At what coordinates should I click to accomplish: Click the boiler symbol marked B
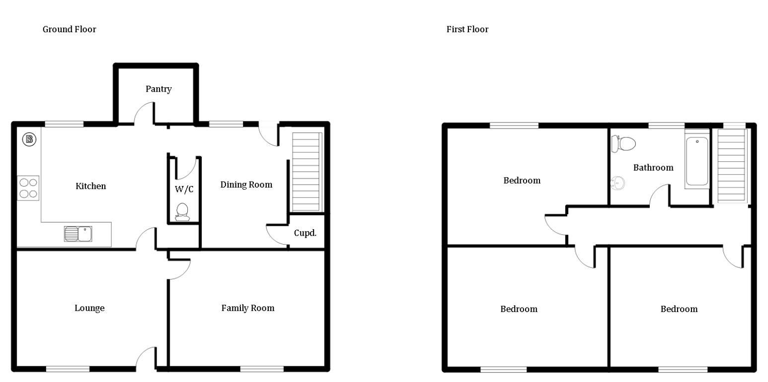tap(29, 139)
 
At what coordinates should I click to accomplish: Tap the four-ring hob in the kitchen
tap(28, 188)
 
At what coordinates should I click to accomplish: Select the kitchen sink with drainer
tap(78, 234)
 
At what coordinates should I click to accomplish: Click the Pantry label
tap(158, 89)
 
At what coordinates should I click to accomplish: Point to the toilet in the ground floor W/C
tap(182, 212)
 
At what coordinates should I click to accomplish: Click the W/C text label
tap(184, 189)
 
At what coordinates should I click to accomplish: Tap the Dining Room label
tap(246, 185)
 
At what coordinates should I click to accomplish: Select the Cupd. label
tap(305, 233)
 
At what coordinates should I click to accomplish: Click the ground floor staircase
tap(307, 172)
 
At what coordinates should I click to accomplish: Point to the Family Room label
tap(248, 308)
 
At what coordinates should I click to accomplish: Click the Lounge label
tap(89, 308)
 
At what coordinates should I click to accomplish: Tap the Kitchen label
tap(90, 186)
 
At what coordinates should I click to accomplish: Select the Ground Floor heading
tap(69, 29)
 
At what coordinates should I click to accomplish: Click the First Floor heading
tap(467, 29)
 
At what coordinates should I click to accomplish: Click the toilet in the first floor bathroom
tap(623, 144)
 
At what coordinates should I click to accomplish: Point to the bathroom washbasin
tap(617, 183)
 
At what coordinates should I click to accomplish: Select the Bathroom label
tap(653, 168)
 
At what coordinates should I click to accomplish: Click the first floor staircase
tap(732, 166)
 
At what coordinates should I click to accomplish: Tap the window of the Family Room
tap(262, 369)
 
